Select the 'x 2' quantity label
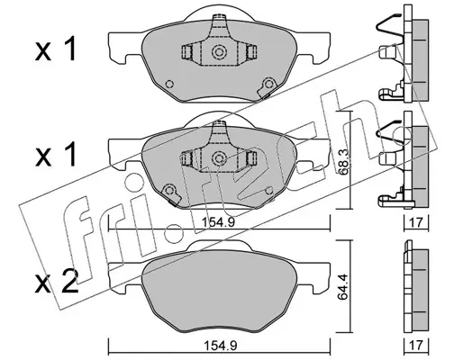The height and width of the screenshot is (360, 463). pos(57,282)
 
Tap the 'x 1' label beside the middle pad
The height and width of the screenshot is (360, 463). pos(56,155)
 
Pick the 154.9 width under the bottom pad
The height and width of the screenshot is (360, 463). pos(221,346)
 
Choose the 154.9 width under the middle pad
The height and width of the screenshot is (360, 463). pos(219,222)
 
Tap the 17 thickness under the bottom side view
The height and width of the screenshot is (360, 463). pos(416,345)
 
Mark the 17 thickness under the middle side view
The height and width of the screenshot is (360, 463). pos(416,222)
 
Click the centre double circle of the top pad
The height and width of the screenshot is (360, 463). pos(219,52)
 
